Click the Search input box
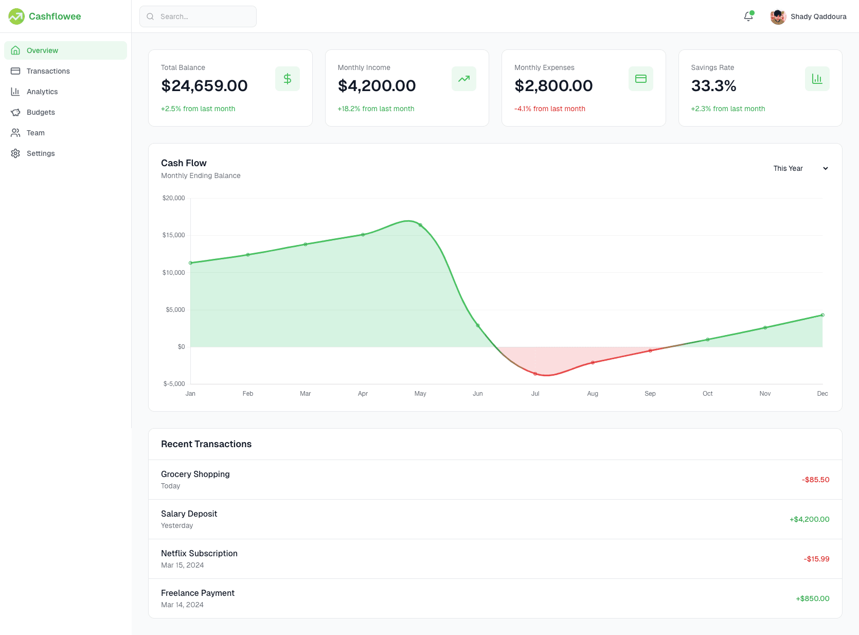(x=198, y=16)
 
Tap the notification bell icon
(x=748, y=16)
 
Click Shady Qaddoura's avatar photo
(x=778, y=16)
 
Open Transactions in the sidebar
(x=48, y=71)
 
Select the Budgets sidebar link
(x=41, y=112)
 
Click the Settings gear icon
(x=15, y=153)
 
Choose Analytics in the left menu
(x=42, y=92)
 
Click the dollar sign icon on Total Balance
(x=287, y=79)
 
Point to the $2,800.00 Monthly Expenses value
(x=553, y=86)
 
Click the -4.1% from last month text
(x=550, y=109)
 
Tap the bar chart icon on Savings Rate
(x=817, y=79)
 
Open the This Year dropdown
(x=800, y=168)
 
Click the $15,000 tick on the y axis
(x=173, y=235)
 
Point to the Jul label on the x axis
(x=535, y=394)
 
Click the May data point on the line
(x=420, y=225)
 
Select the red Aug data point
(x=593, y=362)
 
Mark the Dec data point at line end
(x=822, y=315)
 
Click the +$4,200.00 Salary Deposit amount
(x=809, y=519)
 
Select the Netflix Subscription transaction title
(x=199, y=553)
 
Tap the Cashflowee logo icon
(x=16, y=16)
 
